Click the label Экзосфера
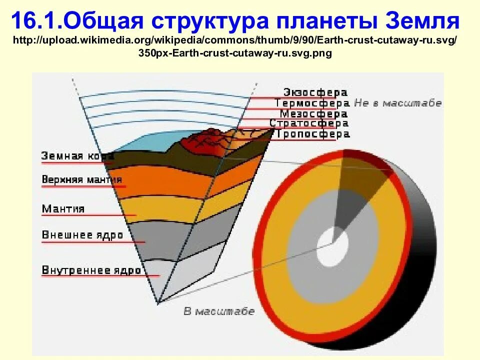pyautogui.click(x=315, y=92)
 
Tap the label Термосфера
pyautogui.click(x=311, y=103)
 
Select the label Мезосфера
pyautogui.click(x=313, y=113)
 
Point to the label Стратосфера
pyautogui.click(x=308, y=123)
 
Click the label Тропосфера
pyautogui.click(x=311, y=134)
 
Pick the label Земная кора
pyautogui.click(x=77, y=156)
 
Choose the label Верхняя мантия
pyautogui.click(x=81, y=179)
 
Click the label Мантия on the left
pyautogui.click(x=63, y=208)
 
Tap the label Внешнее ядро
pyautogui.click(x=82, y=235)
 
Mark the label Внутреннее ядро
pyautogui.click(x=91, y=270)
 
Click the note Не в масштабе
pyautogui.click(x=398, y=103)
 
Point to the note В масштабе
pyautogui.click(x=219, y=311)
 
